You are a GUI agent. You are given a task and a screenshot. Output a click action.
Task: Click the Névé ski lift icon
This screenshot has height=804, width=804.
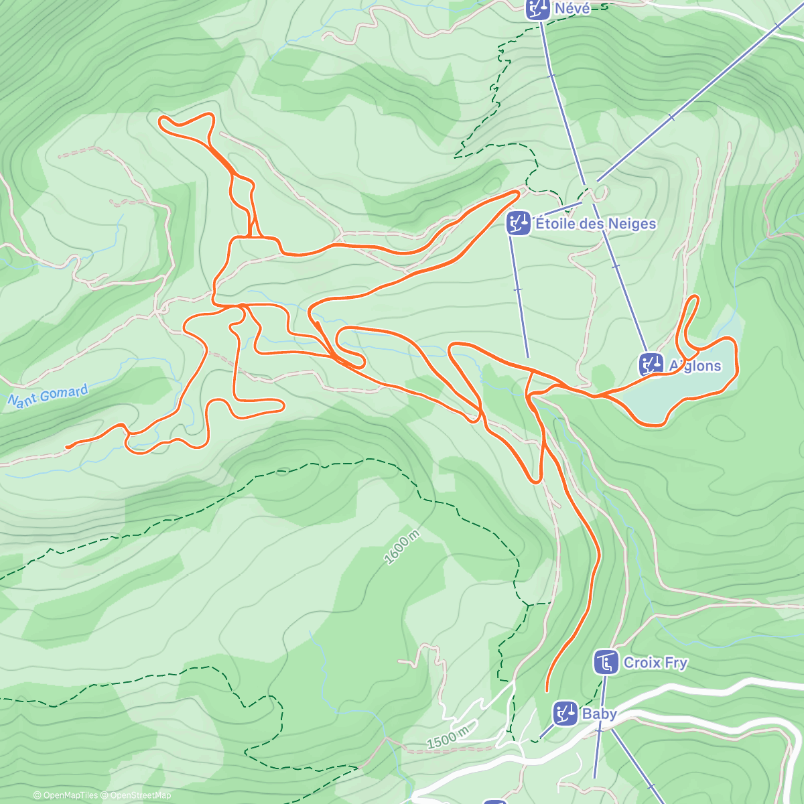536,9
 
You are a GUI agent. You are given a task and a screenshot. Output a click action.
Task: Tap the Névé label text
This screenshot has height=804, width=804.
572,9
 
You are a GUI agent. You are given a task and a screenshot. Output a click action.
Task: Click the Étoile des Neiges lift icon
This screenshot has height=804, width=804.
519,224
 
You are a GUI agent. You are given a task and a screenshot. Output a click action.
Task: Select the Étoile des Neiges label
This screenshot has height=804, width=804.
596,224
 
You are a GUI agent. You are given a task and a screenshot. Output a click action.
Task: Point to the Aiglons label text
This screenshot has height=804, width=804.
695,366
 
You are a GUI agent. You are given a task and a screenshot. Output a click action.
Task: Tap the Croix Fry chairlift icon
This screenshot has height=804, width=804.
606,663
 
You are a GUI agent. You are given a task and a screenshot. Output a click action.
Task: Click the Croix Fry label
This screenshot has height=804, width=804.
655,663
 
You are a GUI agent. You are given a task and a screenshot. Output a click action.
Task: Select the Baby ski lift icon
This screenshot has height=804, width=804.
565,714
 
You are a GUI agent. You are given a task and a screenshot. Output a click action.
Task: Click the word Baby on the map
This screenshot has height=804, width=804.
599,714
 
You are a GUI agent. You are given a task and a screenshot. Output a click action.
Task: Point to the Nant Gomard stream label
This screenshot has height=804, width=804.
48,397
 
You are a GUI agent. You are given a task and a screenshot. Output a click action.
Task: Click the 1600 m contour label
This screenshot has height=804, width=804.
402,547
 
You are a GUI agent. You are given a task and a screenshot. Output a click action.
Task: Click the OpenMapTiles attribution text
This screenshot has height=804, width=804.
66,796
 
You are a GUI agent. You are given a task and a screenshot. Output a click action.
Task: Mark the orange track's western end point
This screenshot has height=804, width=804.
67,446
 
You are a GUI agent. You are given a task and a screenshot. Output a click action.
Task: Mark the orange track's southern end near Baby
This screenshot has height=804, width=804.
547,690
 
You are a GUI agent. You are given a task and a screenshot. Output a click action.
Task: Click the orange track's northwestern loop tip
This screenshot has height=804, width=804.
161,119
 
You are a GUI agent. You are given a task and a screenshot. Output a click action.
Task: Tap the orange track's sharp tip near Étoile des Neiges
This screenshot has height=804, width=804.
519,192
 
